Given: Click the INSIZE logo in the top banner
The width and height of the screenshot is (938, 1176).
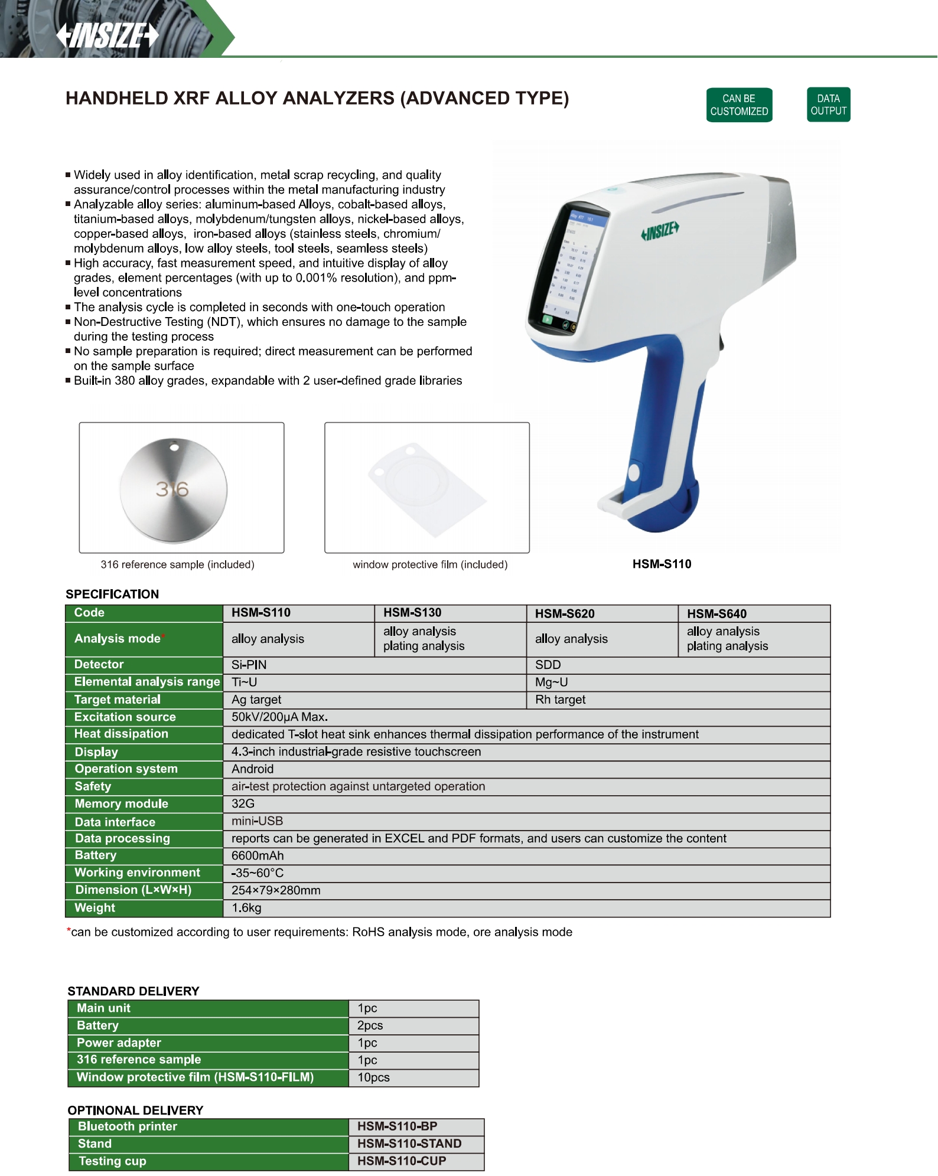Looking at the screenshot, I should [108, 35].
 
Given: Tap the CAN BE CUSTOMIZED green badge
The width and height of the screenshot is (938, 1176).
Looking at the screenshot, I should [738, 105].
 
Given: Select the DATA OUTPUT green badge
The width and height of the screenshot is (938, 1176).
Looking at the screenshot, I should [828, 104].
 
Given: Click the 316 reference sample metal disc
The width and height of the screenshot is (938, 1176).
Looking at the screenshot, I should [173, 489].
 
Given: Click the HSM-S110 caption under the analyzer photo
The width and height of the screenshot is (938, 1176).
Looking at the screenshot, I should [662, 564].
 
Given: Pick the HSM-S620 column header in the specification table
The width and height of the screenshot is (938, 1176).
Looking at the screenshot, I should [565, 613].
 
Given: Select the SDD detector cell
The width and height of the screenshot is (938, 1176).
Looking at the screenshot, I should [548, 665].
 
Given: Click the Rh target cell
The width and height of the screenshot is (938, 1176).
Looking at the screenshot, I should [560, 700].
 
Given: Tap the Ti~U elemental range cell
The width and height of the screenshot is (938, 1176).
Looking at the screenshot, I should [244, 682].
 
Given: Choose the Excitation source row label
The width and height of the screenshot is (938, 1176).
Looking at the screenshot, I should [125, 717].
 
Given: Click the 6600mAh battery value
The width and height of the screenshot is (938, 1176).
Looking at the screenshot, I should [258, 855].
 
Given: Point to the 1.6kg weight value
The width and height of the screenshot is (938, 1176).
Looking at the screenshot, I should [246, 907].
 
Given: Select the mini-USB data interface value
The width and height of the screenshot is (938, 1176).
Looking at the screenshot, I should [257, 821].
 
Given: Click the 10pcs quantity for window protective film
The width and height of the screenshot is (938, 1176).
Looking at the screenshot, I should [373, 1077].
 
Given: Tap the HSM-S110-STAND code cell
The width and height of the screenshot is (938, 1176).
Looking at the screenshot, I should [409, 1144].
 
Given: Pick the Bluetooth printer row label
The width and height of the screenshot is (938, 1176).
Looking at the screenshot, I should [128, 1126].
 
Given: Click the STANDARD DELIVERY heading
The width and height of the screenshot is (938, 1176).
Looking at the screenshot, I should [133, 991].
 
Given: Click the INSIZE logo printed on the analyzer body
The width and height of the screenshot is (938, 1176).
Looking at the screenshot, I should [660, 231].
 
